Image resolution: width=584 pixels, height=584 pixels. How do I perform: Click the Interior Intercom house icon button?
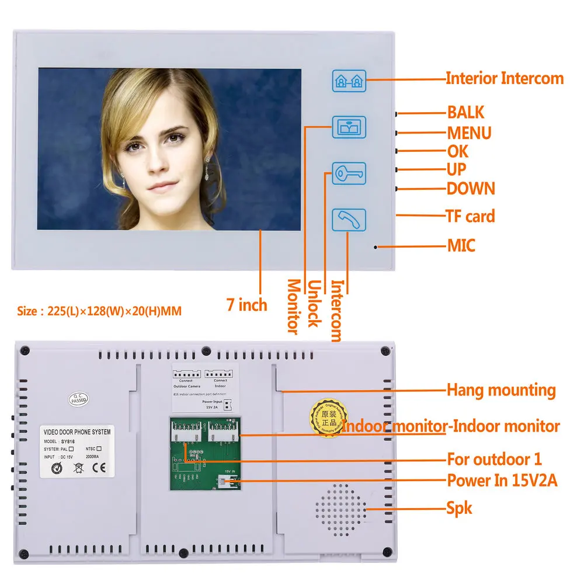click(349, 80)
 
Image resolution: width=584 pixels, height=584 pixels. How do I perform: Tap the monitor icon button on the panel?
click(349, 127)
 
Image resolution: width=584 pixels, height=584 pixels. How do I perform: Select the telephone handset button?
click(349, 220)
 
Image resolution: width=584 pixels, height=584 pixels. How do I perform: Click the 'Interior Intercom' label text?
click(505, 78)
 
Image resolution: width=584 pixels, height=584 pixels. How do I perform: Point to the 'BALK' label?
click(465, 113)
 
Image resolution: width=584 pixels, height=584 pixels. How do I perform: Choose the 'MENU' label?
click(469, 133)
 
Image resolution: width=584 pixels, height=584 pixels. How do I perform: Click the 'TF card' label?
click(470, 216)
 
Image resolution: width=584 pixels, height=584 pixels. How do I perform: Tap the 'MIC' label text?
click(461, 245)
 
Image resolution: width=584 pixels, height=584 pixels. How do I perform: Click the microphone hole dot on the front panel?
click(375, 247)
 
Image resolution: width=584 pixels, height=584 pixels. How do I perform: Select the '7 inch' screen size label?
click(246, 305)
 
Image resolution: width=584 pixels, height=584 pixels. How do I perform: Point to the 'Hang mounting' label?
click(501, 390)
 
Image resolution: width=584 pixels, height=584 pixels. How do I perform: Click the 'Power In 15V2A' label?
click(502, 481)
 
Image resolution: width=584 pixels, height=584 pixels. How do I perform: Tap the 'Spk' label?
click(459, 508)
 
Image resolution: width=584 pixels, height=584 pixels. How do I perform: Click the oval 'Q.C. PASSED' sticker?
click(78, 398)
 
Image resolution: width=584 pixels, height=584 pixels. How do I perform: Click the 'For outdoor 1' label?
click(494, 459)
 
